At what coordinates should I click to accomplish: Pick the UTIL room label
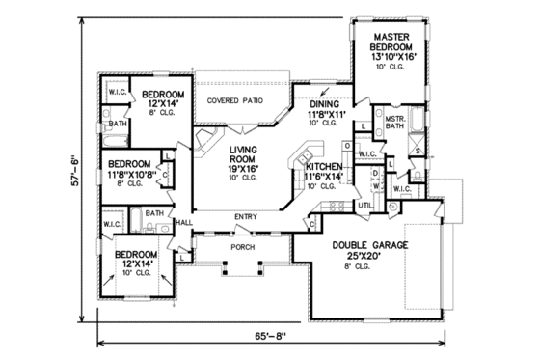coord(364,206)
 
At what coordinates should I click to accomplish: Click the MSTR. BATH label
coord(392,121)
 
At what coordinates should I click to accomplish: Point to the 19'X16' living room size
coord(248,169)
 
